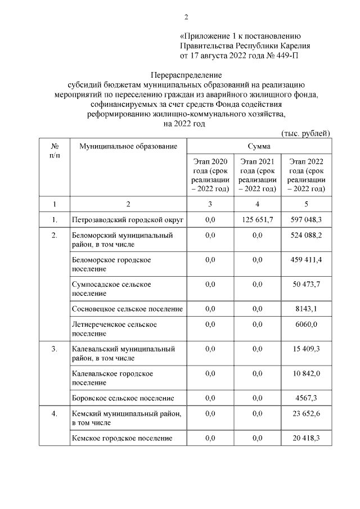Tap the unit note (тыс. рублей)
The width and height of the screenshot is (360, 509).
305,133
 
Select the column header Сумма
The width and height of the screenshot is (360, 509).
258,146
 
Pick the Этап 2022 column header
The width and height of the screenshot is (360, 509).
306,174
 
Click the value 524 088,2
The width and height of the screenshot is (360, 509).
305,235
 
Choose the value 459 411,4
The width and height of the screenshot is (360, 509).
305,260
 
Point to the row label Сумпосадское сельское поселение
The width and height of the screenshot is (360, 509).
111,289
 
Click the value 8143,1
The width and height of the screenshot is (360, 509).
305,309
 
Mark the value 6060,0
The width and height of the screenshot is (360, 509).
305,325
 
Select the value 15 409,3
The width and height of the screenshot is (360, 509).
305,349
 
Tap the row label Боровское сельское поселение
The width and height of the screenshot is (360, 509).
123,398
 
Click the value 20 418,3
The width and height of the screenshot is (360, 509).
305,438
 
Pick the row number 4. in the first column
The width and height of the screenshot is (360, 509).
54,414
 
